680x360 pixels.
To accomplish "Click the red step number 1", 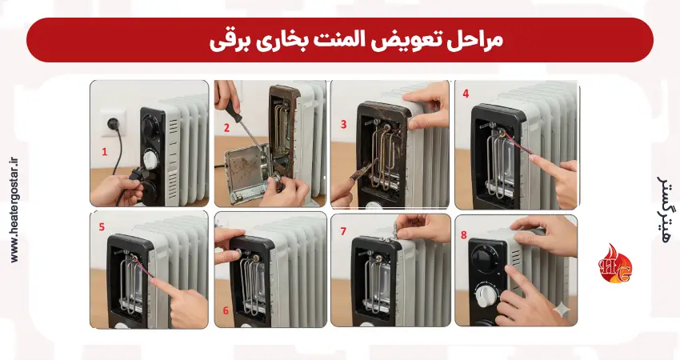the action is (x=104, y=152).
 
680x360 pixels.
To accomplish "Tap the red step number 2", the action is (x=226, y=127).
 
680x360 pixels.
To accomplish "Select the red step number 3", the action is (x=343, y=125).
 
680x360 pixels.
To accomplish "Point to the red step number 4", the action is (x=466, y=94).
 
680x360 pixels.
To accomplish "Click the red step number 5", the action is (x=102, y=227).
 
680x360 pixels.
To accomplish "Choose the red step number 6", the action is (x=226, y=310).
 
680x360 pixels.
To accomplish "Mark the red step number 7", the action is (x=343, y=230).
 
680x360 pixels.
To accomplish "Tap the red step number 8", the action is (x=463, y=235).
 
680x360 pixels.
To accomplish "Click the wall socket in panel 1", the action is (x=114, y=122).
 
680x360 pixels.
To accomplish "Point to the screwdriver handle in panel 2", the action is (x=230, y=110).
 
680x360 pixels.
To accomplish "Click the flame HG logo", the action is (x=615, y=264).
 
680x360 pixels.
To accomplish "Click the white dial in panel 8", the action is (x=486, y=296).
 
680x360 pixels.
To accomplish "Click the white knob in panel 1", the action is (x=151, y=159).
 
